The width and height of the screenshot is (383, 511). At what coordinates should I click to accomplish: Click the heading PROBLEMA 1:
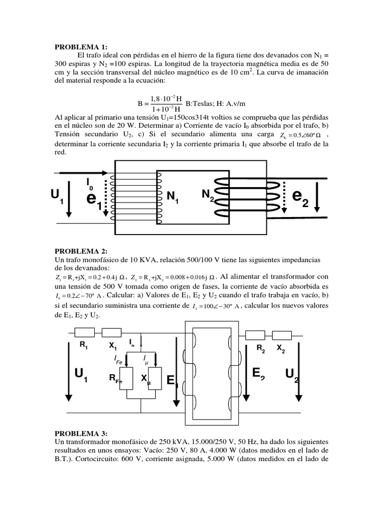80,47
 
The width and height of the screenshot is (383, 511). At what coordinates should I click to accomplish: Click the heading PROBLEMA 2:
80,251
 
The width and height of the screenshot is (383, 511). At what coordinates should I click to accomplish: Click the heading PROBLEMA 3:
80,433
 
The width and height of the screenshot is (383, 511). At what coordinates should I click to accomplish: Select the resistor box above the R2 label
256,335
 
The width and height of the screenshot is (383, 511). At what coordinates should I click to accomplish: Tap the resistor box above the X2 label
282,335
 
